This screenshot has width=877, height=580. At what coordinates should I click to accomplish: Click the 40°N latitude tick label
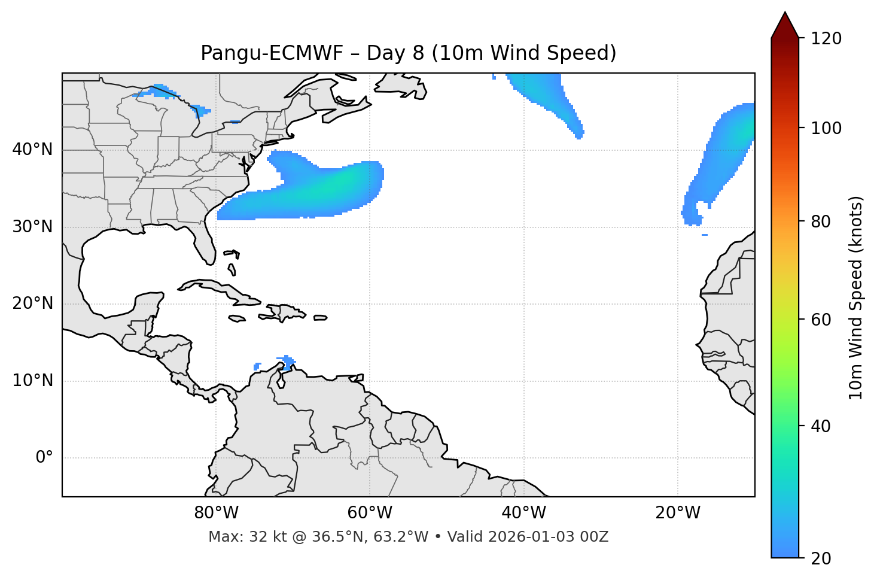[32, 150]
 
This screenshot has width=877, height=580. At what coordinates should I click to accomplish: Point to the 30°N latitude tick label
[32, 227]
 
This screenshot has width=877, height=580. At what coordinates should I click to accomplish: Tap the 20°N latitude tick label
[32, 303]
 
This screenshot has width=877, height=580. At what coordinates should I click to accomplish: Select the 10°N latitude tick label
[32, 381]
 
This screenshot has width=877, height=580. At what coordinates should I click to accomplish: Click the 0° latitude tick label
[44, 458]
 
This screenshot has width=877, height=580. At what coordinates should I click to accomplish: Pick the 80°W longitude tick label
[216, 513]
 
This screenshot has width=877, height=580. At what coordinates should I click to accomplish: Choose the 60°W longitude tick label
[370, 513]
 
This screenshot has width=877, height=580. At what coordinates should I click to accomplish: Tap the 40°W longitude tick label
[523, 513]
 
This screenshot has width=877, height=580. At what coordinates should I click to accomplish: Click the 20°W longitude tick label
[677, 513]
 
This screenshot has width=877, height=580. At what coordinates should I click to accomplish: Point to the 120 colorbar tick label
[826, 39]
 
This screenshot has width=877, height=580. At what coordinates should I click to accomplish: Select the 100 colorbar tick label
[826, 128]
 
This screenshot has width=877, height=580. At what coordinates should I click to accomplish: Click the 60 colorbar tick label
[821, 320]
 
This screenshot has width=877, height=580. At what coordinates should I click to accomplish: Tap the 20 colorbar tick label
[821, 558]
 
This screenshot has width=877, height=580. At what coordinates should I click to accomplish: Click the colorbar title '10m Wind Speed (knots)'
[856, 297]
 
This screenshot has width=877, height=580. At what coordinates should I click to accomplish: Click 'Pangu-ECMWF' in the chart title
[272, 53]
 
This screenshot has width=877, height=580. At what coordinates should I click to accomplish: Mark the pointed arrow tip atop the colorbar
[785, 13]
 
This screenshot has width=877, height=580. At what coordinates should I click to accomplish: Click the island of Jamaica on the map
[237, 318]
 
